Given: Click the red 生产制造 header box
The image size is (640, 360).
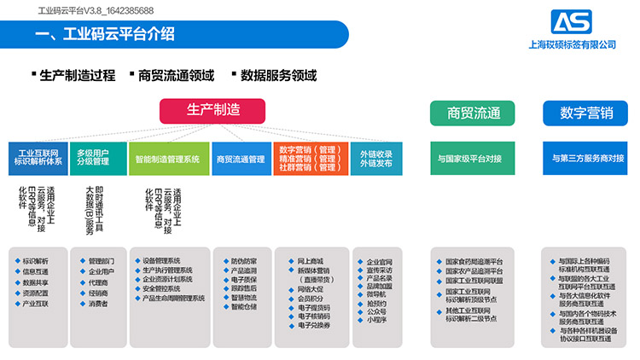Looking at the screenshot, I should (x=212, y=111).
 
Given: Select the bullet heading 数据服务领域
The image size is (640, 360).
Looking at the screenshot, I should (x=278, y=75).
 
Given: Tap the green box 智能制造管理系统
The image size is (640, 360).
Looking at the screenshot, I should (x=168, y=159).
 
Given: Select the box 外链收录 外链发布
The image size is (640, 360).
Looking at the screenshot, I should (x=375, y=159).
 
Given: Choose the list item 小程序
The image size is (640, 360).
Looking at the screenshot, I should (x=378, y=321).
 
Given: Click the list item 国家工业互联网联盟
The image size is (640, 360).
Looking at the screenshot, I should (x=474, y=281).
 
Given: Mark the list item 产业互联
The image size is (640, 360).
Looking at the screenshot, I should (x=36, y=304).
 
